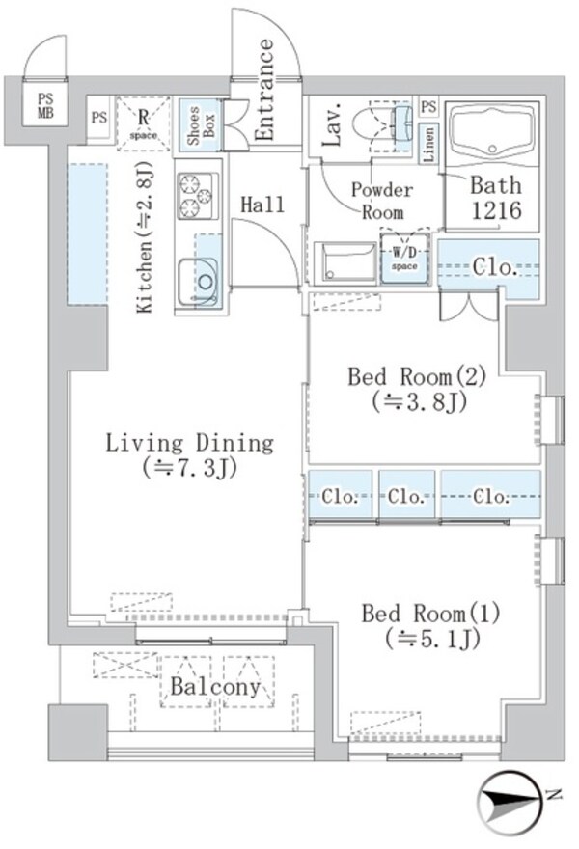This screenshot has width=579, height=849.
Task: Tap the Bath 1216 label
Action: coord(496,198)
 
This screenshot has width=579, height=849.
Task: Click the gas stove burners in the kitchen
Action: coord(196,191)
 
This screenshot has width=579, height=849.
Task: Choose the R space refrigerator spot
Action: coord(143,123)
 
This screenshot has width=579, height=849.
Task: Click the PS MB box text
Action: coord(45,104)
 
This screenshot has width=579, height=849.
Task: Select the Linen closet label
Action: coord(429,145)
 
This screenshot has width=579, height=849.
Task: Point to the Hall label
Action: coord(262,205)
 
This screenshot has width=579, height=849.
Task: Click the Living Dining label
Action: coord(189,455)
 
